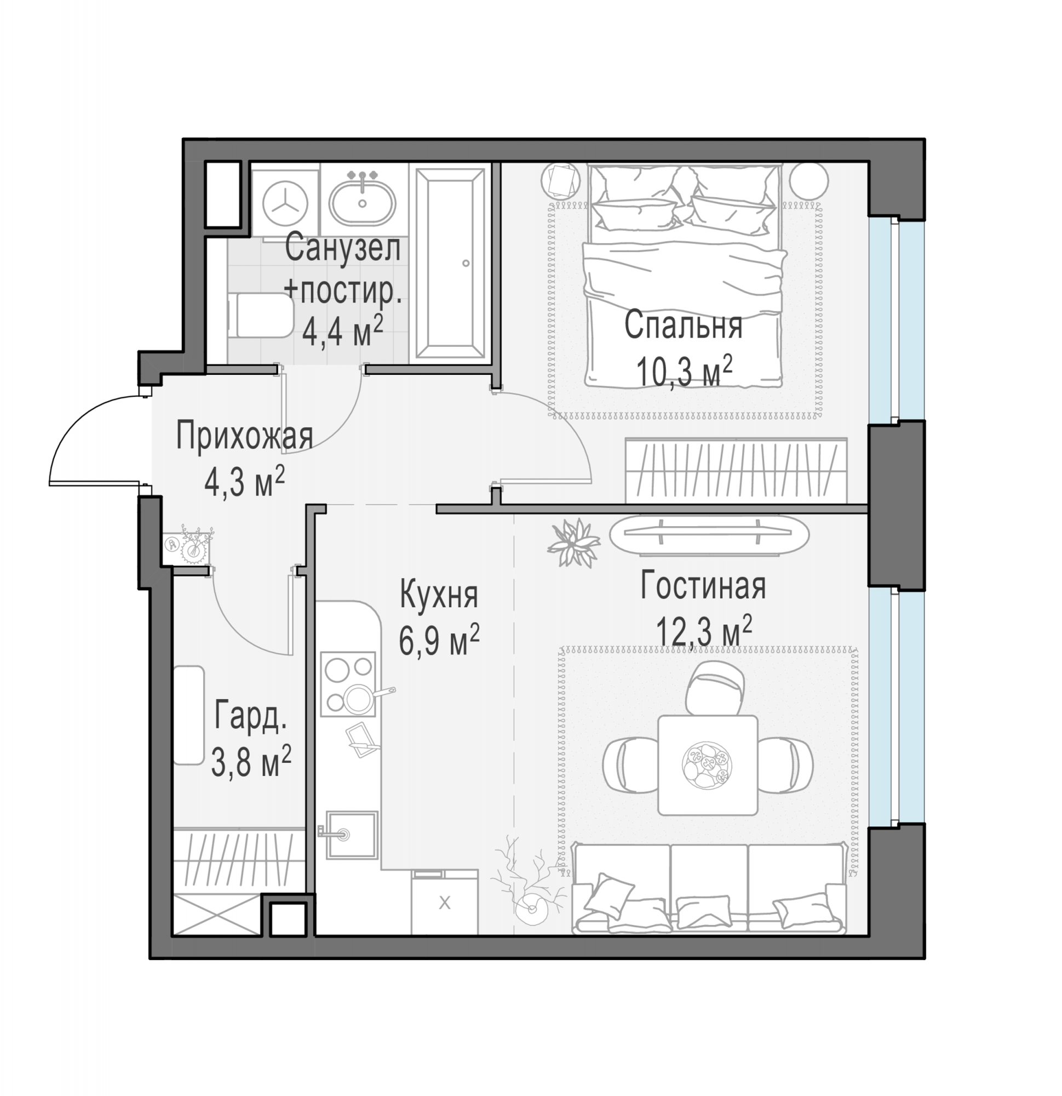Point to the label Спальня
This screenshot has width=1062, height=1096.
[683, 325]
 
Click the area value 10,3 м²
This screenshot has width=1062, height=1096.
[684, 370]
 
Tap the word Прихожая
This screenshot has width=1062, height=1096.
[244, 436]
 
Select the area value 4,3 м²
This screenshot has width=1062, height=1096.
[244, 482]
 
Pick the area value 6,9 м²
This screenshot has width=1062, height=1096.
[439, 640]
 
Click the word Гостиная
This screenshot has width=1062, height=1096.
[703, 586]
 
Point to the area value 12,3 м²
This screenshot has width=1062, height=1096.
[704, 630]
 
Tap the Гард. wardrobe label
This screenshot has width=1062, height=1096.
[250, 717]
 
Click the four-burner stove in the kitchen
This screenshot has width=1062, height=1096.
[348, 684]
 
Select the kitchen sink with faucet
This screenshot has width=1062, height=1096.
[351, 835]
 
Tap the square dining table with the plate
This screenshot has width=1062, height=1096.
[708, 764]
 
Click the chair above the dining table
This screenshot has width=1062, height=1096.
[715, 687]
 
